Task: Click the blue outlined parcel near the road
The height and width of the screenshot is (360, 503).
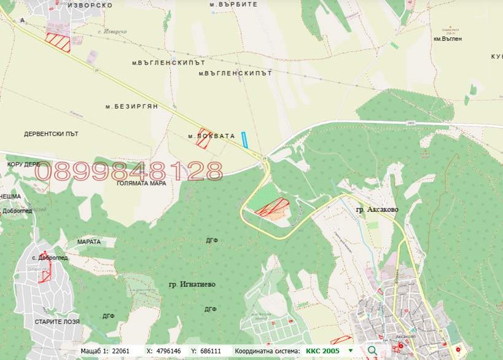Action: [x=244, y=140]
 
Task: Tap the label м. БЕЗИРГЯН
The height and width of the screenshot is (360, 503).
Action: [x=131, y=106]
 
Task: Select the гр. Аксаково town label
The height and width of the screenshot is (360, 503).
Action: [x=377, y=209]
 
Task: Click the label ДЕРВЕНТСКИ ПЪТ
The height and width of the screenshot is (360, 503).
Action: [x=51, y=134]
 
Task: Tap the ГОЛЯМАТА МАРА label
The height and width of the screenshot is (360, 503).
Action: [x=141, y=183]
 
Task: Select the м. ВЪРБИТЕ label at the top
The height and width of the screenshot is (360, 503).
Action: [x=233, y=4]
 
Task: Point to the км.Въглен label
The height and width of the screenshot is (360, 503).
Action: [x=447, y=39]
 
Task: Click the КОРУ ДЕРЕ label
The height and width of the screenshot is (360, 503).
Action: [x=24, y=165]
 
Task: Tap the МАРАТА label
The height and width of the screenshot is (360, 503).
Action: [x=89, y=241]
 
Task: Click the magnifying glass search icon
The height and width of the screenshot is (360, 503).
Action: [x=372, y=351]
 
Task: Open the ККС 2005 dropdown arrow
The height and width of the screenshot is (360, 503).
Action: [x=351, y=351]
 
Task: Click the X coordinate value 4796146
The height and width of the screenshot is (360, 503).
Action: [x=168, y=351]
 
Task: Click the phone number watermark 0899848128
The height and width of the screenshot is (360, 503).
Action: [x=128, y=171]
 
